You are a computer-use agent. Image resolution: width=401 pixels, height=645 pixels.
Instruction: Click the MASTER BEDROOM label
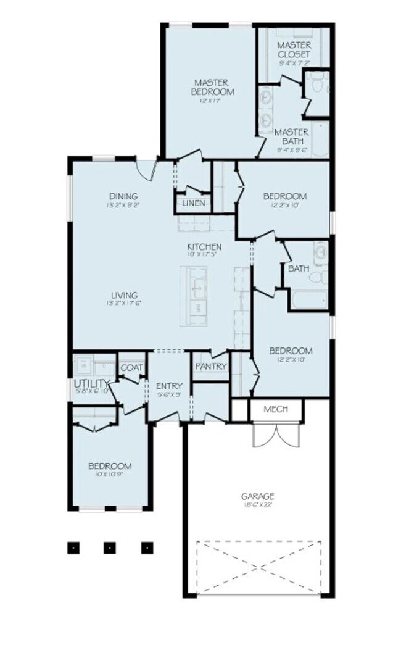(x=212, y=87)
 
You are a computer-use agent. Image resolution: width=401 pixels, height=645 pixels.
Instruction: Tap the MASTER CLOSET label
(x=293, y=50)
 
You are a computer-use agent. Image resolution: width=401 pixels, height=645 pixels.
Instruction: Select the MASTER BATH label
(x=291, y=136)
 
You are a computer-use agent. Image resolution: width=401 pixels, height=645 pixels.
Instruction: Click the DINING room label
(x=123, y=196)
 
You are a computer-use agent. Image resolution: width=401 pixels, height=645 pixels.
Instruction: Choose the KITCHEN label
(x=204, y=248)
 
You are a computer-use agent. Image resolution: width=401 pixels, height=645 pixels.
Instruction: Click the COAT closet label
(x=131, y=368)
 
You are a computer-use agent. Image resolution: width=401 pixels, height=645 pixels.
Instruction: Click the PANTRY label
(x=211, y=367)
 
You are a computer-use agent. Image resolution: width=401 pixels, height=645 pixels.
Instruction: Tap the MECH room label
(x=276, y=409)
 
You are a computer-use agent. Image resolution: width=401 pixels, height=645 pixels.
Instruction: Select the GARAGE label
(x=258, y=496)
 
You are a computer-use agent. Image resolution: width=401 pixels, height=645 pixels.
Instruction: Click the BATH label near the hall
(x=299, y=268)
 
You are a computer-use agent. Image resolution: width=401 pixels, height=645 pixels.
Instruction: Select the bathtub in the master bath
(x=320, y=139)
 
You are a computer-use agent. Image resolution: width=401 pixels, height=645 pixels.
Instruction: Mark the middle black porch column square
(x=110, y=547)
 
